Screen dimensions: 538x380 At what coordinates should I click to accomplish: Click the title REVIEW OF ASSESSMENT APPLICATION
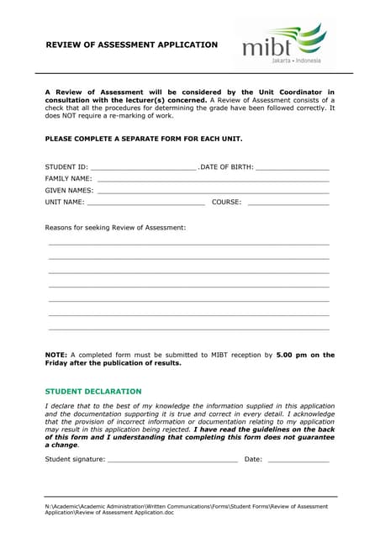point(131,45)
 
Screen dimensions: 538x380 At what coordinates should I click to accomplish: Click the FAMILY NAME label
point(68,179)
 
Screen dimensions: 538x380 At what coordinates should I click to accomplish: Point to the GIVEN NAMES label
point(69,191)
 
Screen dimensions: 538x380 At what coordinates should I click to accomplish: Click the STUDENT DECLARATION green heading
point(93,392)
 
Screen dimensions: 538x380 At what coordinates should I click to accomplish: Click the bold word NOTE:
point(55,356)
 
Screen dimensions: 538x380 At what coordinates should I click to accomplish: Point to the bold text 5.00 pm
point(293,356)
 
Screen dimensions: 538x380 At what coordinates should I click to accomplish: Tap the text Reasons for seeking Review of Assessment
point(115,228)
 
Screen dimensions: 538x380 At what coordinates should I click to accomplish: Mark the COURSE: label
point(227,203)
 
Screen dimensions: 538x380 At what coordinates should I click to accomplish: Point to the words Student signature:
point(75,460)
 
